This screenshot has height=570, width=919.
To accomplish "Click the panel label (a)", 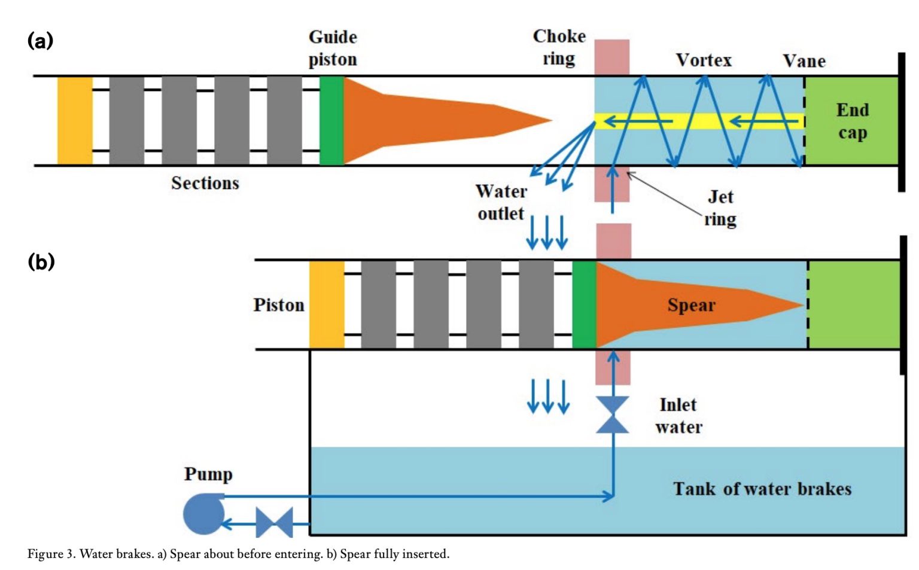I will [x=40, y=41].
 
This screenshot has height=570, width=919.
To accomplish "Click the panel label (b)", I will [x=41, y=262].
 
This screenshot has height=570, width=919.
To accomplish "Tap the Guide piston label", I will [x=333, y=48].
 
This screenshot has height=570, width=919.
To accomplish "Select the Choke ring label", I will [x=559, y=47].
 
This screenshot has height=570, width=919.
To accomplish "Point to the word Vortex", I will [x=704, y=60].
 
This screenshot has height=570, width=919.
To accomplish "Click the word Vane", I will [x=804, y=61].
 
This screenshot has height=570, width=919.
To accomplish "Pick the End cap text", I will [x=852, y=121].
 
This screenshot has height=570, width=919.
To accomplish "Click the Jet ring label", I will [x=720, y=208].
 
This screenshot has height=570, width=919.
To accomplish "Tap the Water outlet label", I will [x=501, y=202].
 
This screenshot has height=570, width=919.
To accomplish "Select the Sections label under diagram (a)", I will [x=205, y=183].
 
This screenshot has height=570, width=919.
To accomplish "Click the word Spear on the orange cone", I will [x=691, y=305].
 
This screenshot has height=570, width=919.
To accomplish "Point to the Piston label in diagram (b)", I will [x=278, y=305].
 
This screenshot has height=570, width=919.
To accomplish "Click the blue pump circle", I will [x=204, y=514].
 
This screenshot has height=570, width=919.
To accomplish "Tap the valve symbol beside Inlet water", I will [x=613, y=414].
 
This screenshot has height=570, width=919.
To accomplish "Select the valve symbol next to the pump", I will [x=274, y=523].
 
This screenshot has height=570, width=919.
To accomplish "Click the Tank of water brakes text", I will [x=762, y=489].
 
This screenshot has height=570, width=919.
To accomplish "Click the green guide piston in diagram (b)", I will [x=584, y=304].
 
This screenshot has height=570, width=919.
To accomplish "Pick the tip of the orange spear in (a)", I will [x=549, y=120].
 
